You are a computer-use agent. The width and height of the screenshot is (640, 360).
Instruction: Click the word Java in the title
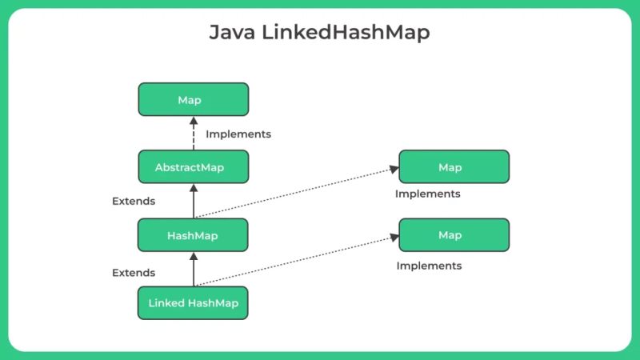pos(230,33)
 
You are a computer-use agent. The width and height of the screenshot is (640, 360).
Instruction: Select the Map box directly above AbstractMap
pos(193,100)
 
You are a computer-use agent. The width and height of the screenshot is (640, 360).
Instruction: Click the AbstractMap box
pos(193,167)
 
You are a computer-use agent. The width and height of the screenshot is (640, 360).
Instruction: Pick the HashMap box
pos(193,235)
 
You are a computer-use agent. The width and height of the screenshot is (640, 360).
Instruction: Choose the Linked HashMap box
pos(193,303)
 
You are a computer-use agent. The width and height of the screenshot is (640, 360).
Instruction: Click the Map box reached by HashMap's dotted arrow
pos(454,167)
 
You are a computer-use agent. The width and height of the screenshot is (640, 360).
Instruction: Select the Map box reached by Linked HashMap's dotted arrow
pos(454,235)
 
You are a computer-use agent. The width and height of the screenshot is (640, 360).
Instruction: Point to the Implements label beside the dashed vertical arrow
pos(238,134)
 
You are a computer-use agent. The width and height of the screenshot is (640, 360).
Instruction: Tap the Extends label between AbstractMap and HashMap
pos(134,201)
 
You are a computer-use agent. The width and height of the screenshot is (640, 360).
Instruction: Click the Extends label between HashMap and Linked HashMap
pos(134,272)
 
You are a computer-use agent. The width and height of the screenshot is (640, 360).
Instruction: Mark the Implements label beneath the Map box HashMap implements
pos(428,194)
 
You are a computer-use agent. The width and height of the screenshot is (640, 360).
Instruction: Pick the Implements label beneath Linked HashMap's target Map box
pos(430,265)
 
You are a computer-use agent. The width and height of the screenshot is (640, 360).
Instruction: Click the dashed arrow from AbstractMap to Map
pos(193,134)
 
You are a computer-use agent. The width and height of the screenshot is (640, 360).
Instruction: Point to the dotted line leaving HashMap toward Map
pos(296,192)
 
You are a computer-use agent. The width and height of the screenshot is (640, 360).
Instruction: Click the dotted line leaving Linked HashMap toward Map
pos(296,261)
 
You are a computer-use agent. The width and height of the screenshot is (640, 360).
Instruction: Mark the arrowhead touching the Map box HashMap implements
pos(394,168)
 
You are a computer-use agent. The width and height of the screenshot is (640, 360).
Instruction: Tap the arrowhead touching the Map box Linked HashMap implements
pos(394,237)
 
